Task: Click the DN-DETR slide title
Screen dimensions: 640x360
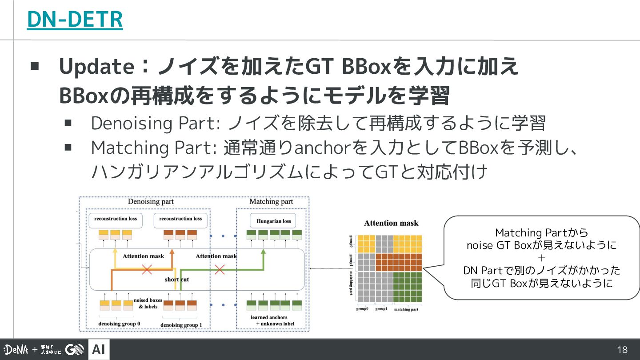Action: [x=75, y=20]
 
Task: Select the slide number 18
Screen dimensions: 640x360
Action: [x=622, y=350]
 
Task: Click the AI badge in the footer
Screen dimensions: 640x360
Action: [x=99, y=350]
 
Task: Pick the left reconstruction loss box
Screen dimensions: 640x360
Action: [x=116, y=219]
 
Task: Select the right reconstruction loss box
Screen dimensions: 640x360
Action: [x=180, y=219]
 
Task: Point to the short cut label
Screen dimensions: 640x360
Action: [x=177, y=279]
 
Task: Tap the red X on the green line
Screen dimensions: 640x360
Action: [x=219, y=269]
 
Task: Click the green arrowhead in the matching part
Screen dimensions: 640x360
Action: [x=263, y=252]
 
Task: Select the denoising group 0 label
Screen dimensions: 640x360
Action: [x=119, y=324]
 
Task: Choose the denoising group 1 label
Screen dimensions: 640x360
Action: [x=181, y=325]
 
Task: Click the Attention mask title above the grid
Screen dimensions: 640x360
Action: [x=391, y=223]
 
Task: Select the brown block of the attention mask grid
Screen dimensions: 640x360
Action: [x=398, y=262]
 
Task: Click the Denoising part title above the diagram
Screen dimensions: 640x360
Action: [x=151, y=202]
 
